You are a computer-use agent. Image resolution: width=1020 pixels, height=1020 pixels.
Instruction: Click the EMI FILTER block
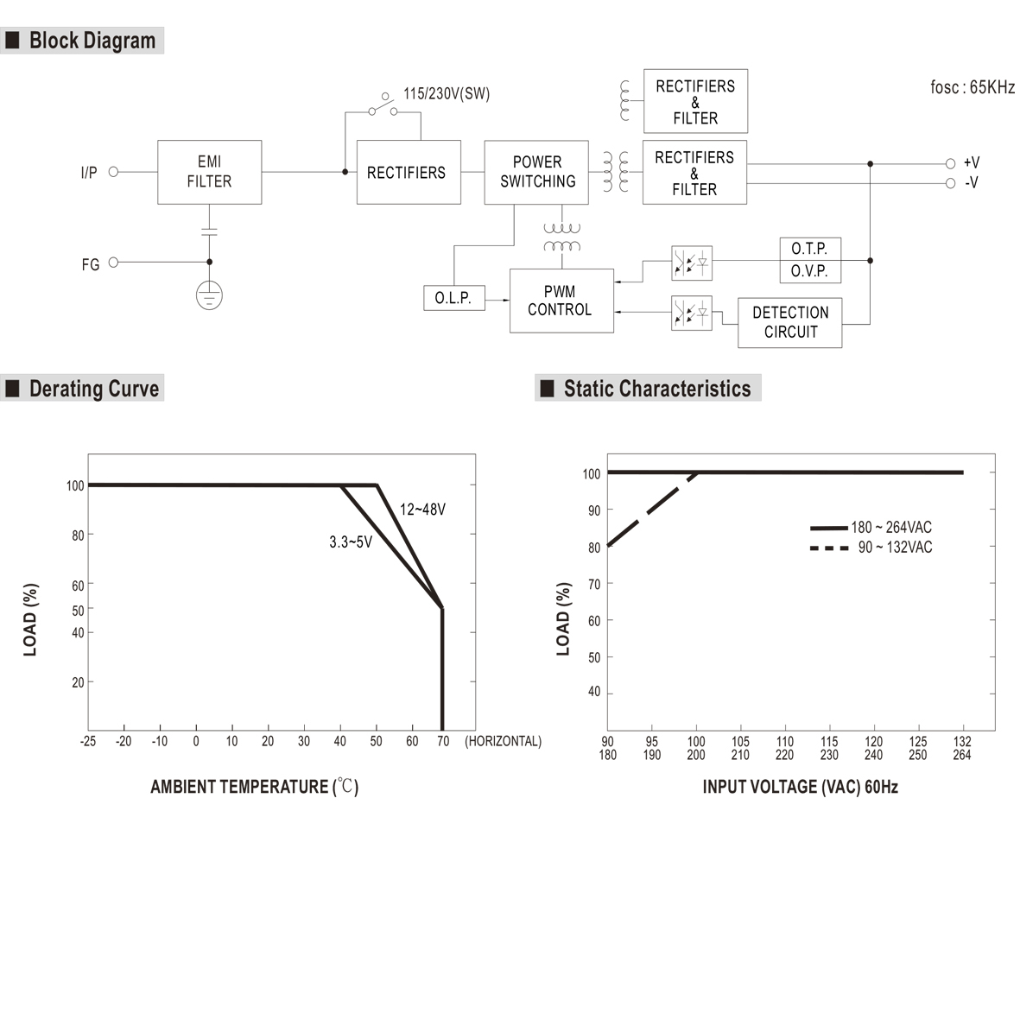coord(209,172)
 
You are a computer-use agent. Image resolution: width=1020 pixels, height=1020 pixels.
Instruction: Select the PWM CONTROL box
coord(561,301)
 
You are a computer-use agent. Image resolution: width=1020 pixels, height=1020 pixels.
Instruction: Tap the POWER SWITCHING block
coord(536,172)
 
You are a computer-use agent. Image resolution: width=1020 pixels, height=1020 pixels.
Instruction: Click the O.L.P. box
coord(453,298)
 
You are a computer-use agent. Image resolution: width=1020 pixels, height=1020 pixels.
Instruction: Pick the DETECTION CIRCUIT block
coord(789,322)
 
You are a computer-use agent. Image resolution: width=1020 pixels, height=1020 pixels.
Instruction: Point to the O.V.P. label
coord(809,271)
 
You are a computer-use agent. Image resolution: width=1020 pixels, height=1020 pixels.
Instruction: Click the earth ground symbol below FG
coord(209,295)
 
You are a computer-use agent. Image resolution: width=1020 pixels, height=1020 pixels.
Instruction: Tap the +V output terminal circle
coord(950,163)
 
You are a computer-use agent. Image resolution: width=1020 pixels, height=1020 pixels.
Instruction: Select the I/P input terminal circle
coord(113,172)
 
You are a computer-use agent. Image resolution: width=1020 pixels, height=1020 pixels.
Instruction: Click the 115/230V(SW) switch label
coord(447,94)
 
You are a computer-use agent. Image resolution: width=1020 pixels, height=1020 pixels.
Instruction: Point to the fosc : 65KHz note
coord(972,87)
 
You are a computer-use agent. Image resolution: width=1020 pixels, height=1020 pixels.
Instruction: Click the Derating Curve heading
coord(93,389)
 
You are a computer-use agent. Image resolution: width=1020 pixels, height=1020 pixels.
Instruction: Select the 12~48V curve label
coord(422,510)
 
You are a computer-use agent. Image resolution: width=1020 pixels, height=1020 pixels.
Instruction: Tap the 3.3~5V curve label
coord(351,542)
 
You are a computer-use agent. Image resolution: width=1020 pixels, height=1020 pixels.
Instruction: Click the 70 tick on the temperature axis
coord(443,741)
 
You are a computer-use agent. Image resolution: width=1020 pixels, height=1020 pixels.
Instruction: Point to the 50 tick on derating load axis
coord(78,611)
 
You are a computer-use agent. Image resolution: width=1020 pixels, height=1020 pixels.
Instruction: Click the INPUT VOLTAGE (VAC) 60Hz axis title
coord(800,787)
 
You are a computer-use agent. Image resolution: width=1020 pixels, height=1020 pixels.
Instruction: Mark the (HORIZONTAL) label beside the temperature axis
coord(503,741)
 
